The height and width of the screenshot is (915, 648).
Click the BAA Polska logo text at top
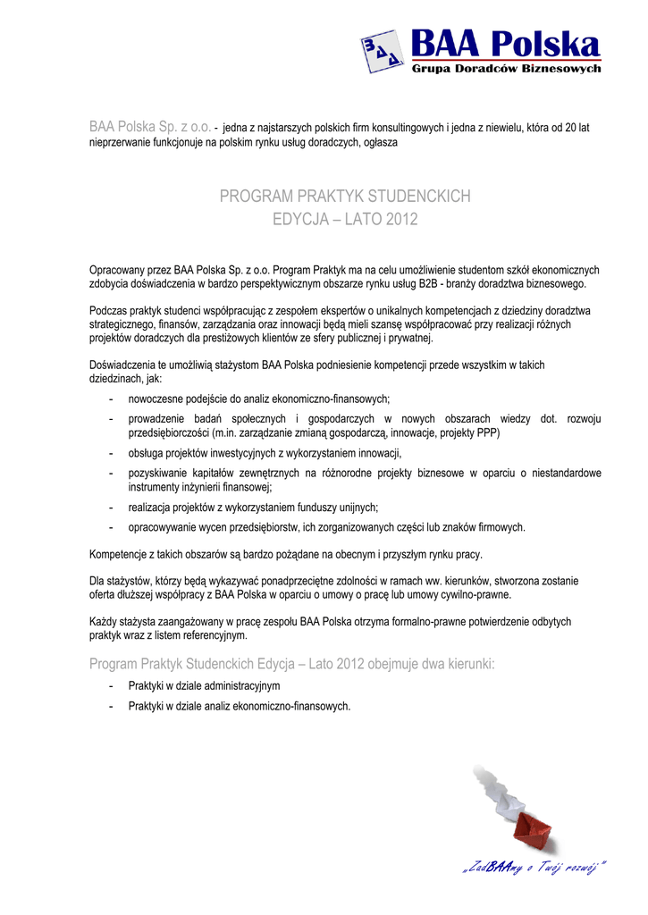(x=505, y=42)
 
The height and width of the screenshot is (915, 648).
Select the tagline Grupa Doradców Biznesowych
(x=506, y=69)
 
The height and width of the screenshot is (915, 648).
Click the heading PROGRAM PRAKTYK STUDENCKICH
(x=345, y=197)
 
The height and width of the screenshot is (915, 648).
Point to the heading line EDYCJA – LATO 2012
(x=345, y=219)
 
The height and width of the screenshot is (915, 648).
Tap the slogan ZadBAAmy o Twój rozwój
(x=534, y=866)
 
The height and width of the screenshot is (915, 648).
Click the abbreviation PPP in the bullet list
(x=486, y=432)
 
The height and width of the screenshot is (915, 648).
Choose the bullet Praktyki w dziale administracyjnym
(x=204, y=685)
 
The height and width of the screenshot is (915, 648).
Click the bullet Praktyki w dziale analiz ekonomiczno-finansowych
(x=239, y=706)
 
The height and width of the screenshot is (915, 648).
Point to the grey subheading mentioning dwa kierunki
(x=291, y=664)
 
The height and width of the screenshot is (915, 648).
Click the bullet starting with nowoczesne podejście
(x=259, y=399)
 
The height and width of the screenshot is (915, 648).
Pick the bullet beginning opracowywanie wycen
(x=326, y=527)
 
